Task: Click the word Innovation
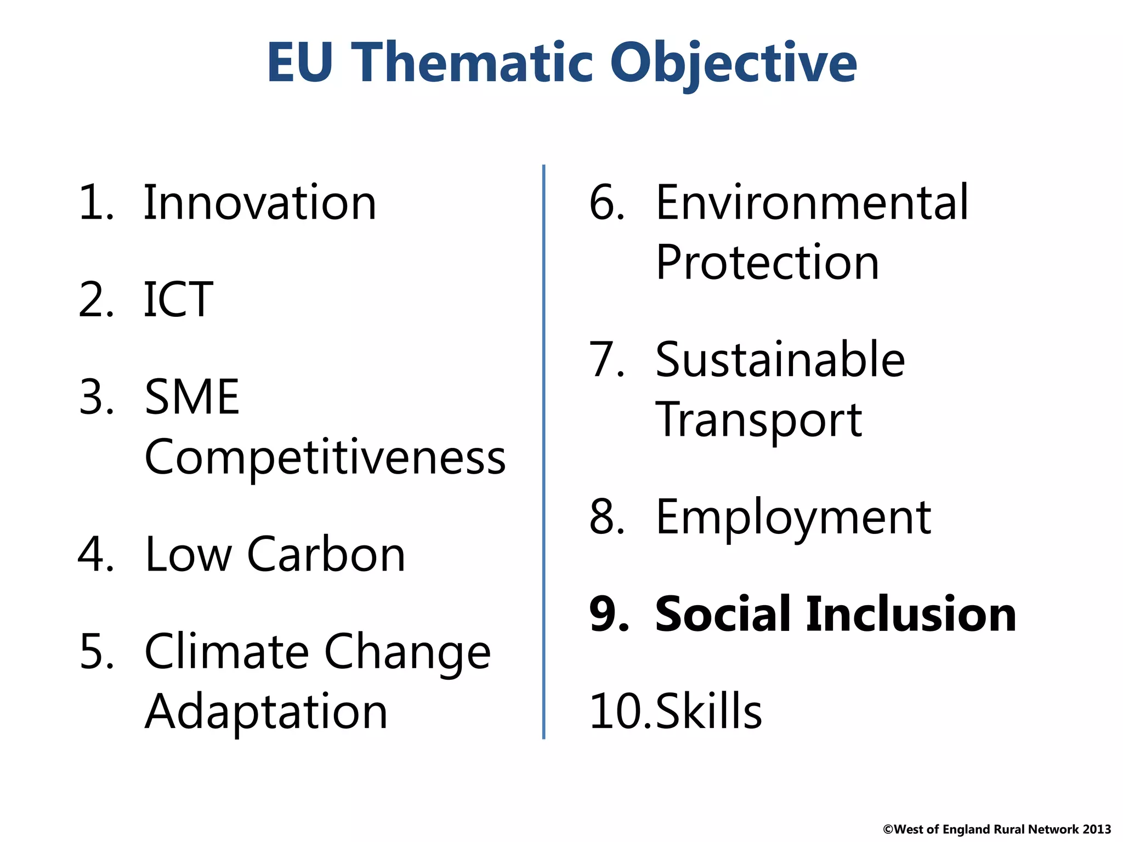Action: point(260,203)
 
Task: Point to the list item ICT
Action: point(178,299)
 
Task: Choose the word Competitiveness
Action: point(325,457)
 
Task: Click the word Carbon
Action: point(326,555)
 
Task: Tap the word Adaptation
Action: point(266,712)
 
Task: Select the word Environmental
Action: point(812,203)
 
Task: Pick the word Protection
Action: point(767,263)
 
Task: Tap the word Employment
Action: point(793,518)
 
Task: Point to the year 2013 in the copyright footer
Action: point(1097,829)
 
